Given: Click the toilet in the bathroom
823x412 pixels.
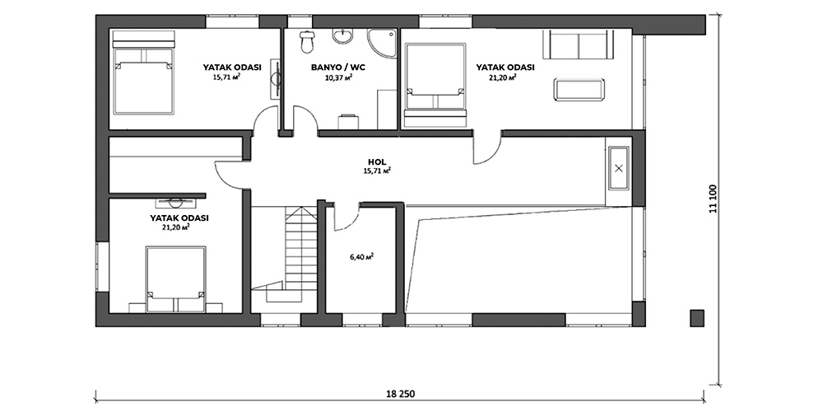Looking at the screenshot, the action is (306, 41).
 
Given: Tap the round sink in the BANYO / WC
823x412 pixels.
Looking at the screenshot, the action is (342, 36).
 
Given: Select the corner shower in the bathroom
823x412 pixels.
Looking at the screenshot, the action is (382, 43).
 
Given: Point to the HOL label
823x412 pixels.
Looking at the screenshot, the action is (377, 162).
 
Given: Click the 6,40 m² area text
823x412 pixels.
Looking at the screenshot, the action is (361, 257).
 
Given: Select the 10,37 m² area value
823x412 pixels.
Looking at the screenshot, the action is (338, 77).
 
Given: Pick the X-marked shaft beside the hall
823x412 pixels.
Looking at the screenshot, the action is (618, 168).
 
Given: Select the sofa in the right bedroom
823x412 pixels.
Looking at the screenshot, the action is (578, 44).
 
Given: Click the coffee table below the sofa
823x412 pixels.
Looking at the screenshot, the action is (579, 89).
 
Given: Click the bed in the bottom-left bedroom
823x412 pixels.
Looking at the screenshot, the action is (175, 279).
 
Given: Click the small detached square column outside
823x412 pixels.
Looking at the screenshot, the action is (696, 317).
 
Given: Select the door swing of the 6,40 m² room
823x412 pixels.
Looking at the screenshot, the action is (346, 217).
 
